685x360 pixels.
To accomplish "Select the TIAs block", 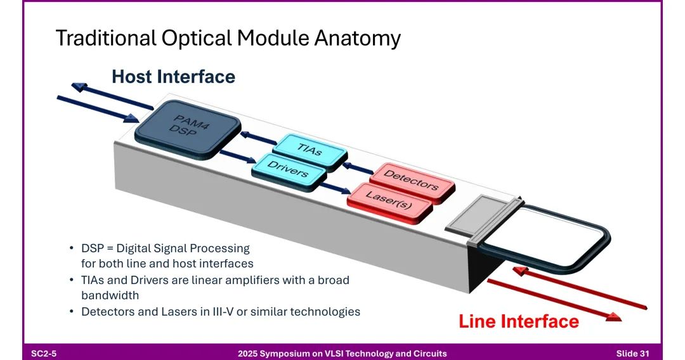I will point(311,150).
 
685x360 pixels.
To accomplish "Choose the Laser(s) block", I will point(389,202).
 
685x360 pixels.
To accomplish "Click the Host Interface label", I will point(173,77).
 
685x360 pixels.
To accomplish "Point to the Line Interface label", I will point(518,321).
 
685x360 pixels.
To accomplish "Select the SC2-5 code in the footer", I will point(44,353).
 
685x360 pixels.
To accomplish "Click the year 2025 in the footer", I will point(249,353).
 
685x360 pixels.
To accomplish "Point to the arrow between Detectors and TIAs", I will point(359,167).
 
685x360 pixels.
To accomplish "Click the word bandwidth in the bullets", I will point(110,295).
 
